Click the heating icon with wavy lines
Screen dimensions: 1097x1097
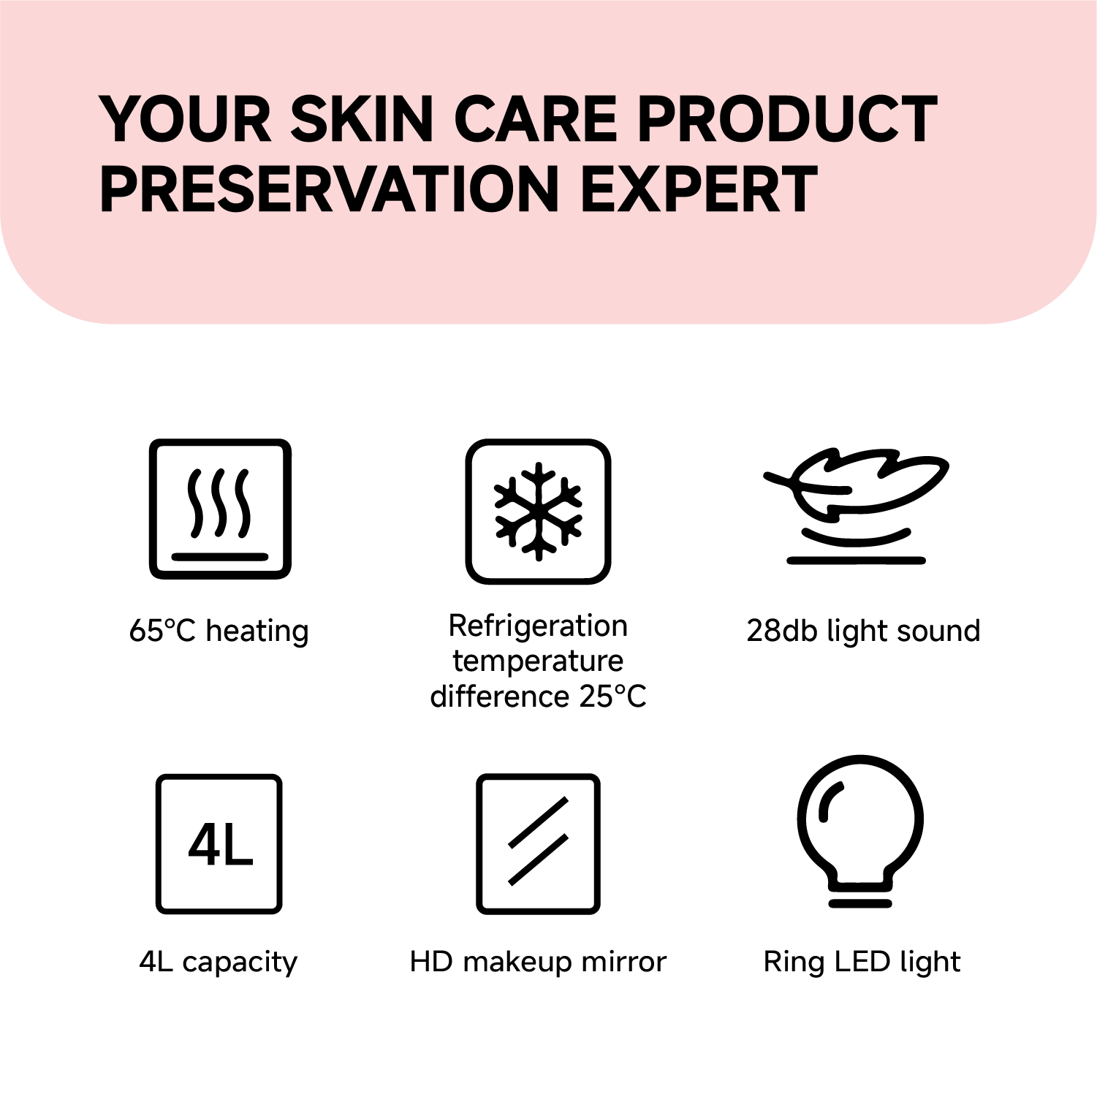pos(220,509)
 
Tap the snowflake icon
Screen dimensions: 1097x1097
pos(539,512)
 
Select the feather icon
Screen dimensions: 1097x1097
pos(857,504)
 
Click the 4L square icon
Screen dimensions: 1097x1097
pos(219,844)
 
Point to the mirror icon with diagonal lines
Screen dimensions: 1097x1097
pos(539,844)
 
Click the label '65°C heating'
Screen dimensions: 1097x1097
pos(219,631)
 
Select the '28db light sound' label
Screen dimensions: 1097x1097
pos(863,631)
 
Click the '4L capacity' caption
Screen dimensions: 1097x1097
pos(219,962)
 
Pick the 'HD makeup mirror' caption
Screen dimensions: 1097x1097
pos(539,962)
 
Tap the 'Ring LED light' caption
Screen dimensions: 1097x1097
pos(862,962)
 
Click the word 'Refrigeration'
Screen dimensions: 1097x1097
pos(539,626)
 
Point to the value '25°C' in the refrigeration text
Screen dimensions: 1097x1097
pos(612,696)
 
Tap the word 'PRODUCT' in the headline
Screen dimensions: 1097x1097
pos(787,119)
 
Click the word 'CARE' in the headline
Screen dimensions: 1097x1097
pos(537,119)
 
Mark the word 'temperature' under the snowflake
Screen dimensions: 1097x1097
pos(539,661)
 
